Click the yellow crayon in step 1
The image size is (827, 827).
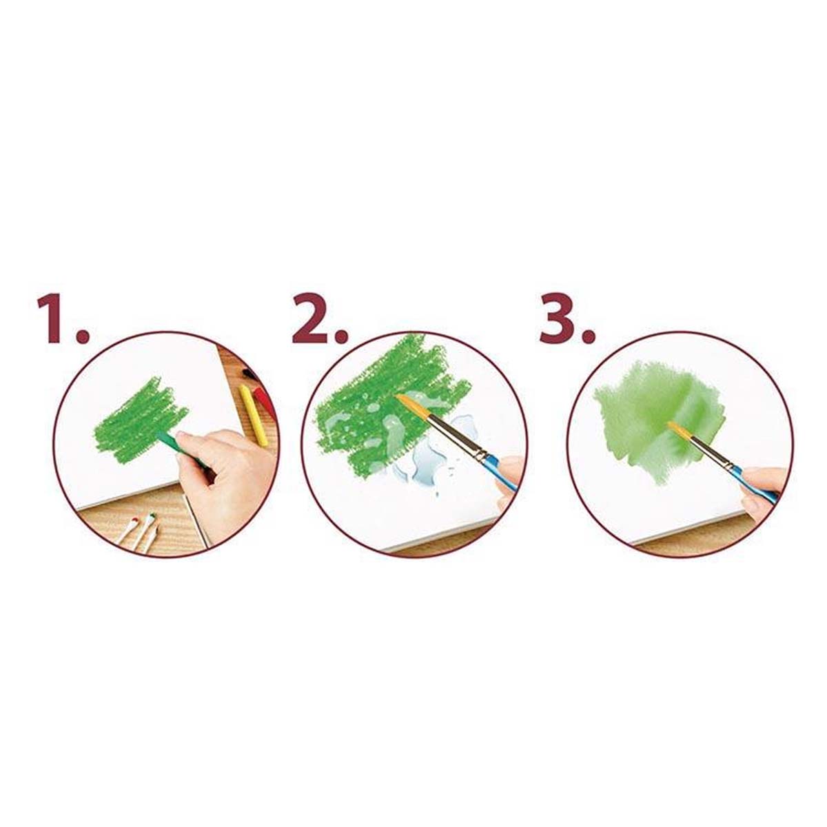pos(253,408)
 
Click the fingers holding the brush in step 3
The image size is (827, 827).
pos(764,489)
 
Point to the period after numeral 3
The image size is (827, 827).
pos(589,336)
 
